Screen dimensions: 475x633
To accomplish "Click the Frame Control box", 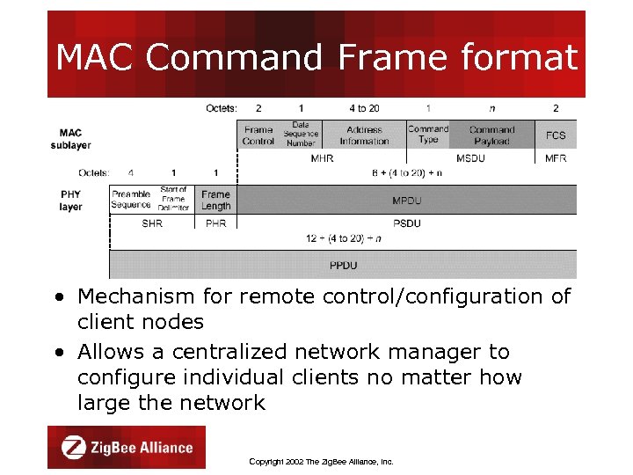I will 258,135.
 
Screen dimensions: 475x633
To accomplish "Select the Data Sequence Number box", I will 301,135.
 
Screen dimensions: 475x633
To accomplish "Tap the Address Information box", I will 364,135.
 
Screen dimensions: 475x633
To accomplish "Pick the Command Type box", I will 428,135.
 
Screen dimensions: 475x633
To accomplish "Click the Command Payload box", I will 491,135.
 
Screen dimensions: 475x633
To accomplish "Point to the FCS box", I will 556,135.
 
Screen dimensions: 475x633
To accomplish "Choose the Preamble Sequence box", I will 131,200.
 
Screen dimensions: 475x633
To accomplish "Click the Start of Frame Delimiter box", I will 173,200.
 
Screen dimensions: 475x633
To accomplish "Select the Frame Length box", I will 215,200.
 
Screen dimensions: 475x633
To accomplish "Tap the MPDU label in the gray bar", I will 406,201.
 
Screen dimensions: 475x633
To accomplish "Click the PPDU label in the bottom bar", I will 343,265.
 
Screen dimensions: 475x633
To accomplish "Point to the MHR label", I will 322,158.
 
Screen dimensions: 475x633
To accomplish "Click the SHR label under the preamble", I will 152,223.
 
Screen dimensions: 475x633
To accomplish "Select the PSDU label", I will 406,223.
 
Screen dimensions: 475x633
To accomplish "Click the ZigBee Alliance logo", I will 127,447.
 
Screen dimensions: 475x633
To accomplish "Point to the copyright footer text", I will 321,461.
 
